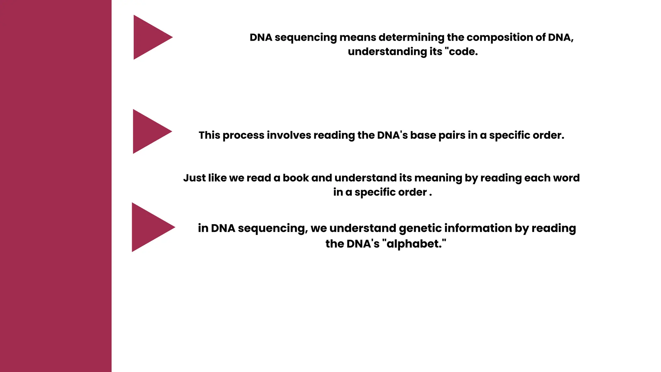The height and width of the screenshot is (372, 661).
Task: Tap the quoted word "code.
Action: [461, 52]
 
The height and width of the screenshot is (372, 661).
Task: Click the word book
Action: [296, 178]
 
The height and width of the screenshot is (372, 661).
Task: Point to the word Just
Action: [194, 178]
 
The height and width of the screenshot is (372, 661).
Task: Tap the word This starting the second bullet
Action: [209, 135]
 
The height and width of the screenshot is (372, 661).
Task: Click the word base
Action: [423, 135]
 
